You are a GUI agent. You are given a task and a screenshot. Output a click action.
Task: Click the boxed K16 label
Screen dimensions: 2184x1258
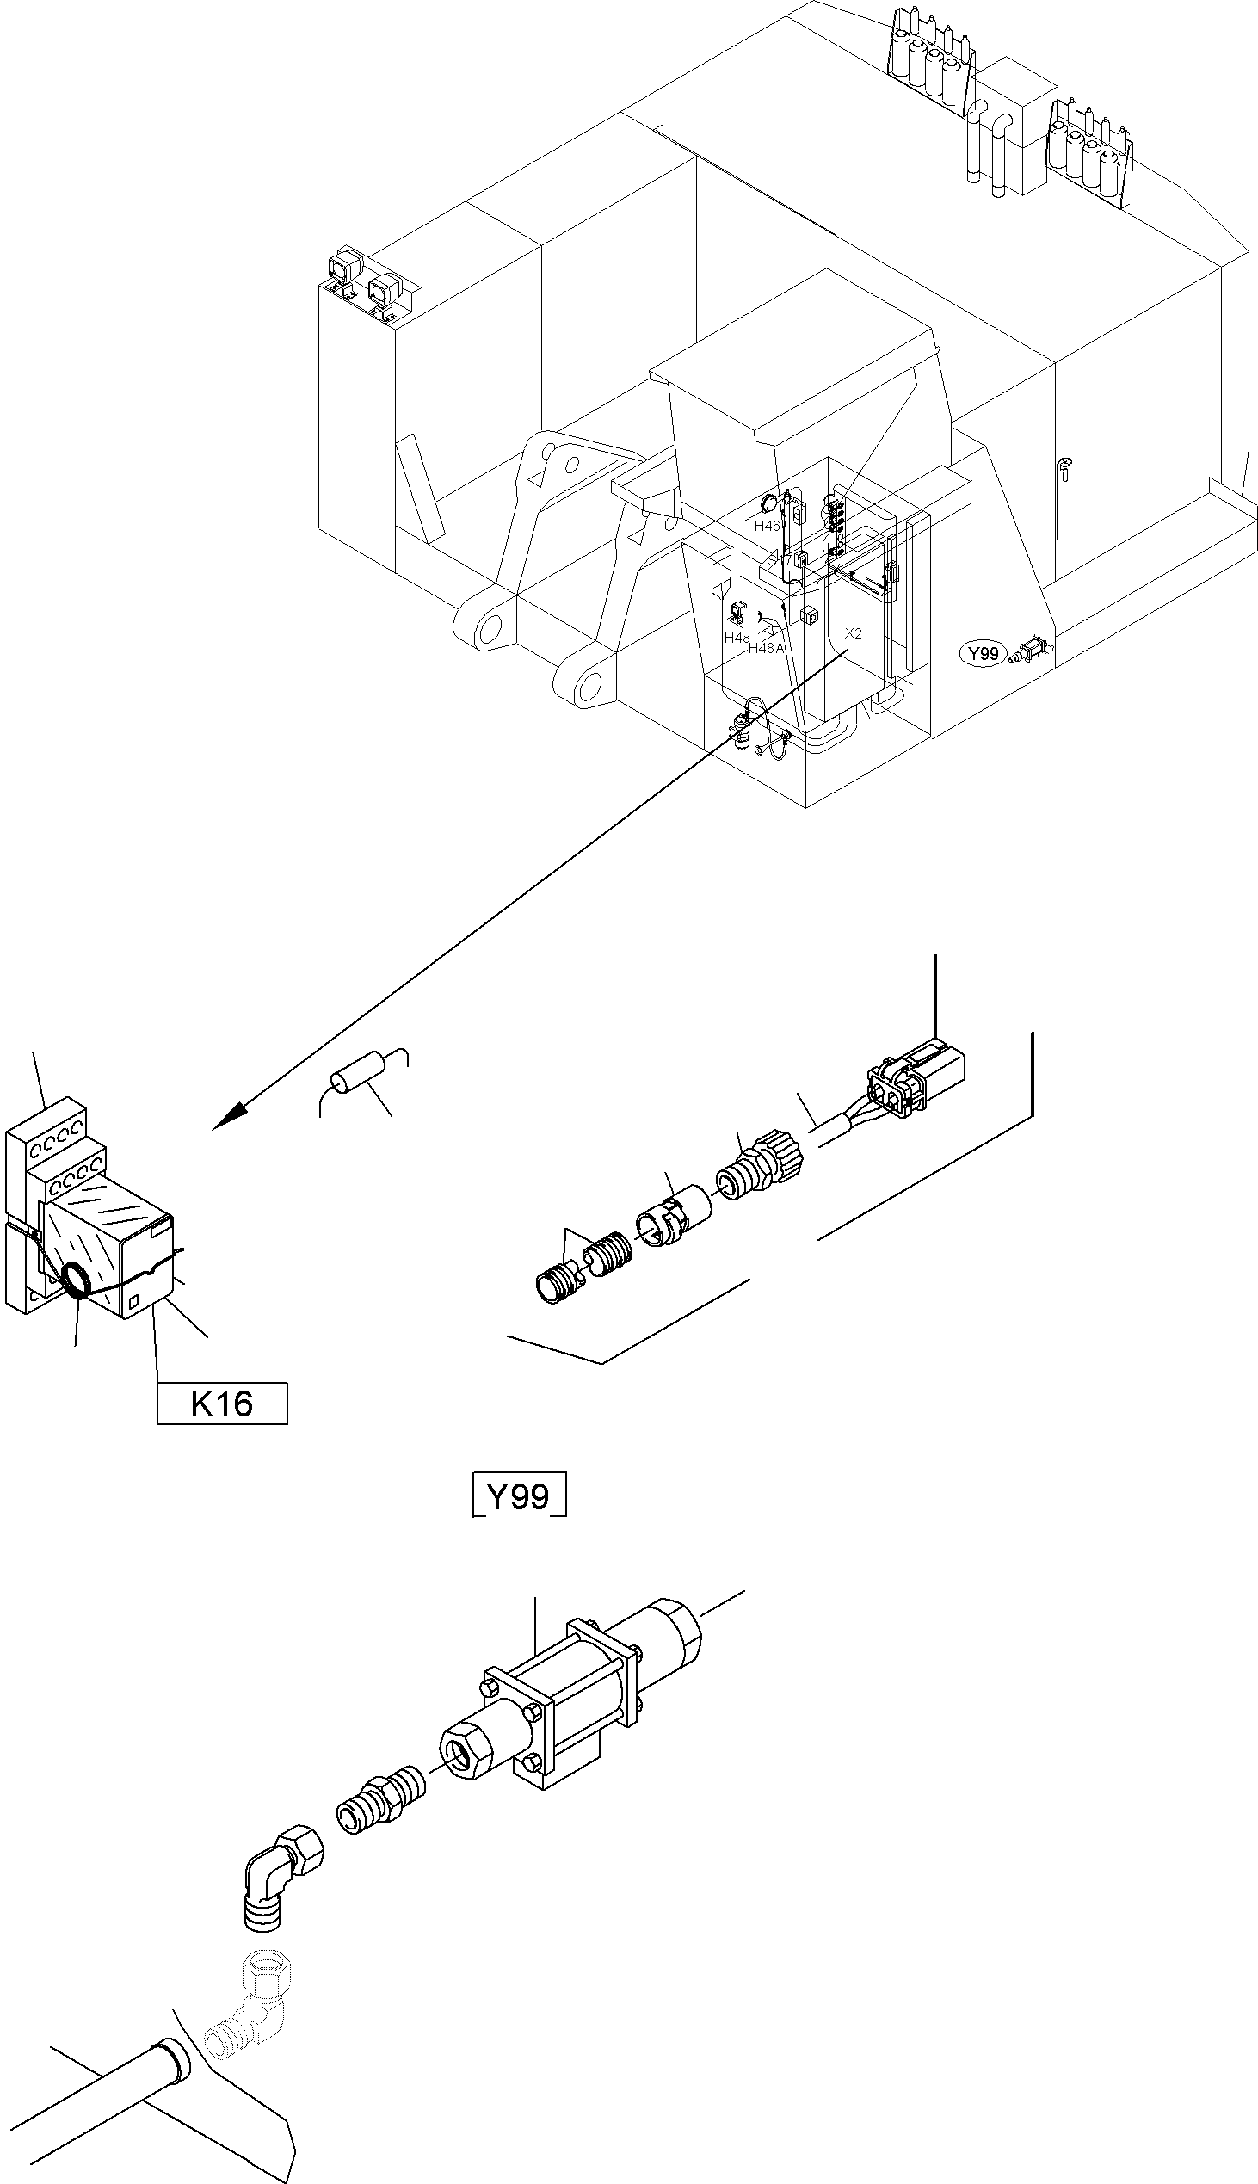click(x=221, y=1404)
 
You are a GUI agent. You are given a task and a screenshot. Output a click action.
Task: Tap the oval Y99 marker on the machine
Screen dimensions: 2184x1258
click(x=984, y=653)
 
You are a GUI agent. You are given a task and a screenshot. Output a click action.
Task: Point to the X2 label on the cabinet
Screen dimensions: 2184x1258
click(x=853, y=633)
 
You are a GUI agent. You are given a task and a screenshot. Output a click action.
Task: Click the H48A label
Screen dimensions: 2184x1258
click(x=766, y=648)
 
